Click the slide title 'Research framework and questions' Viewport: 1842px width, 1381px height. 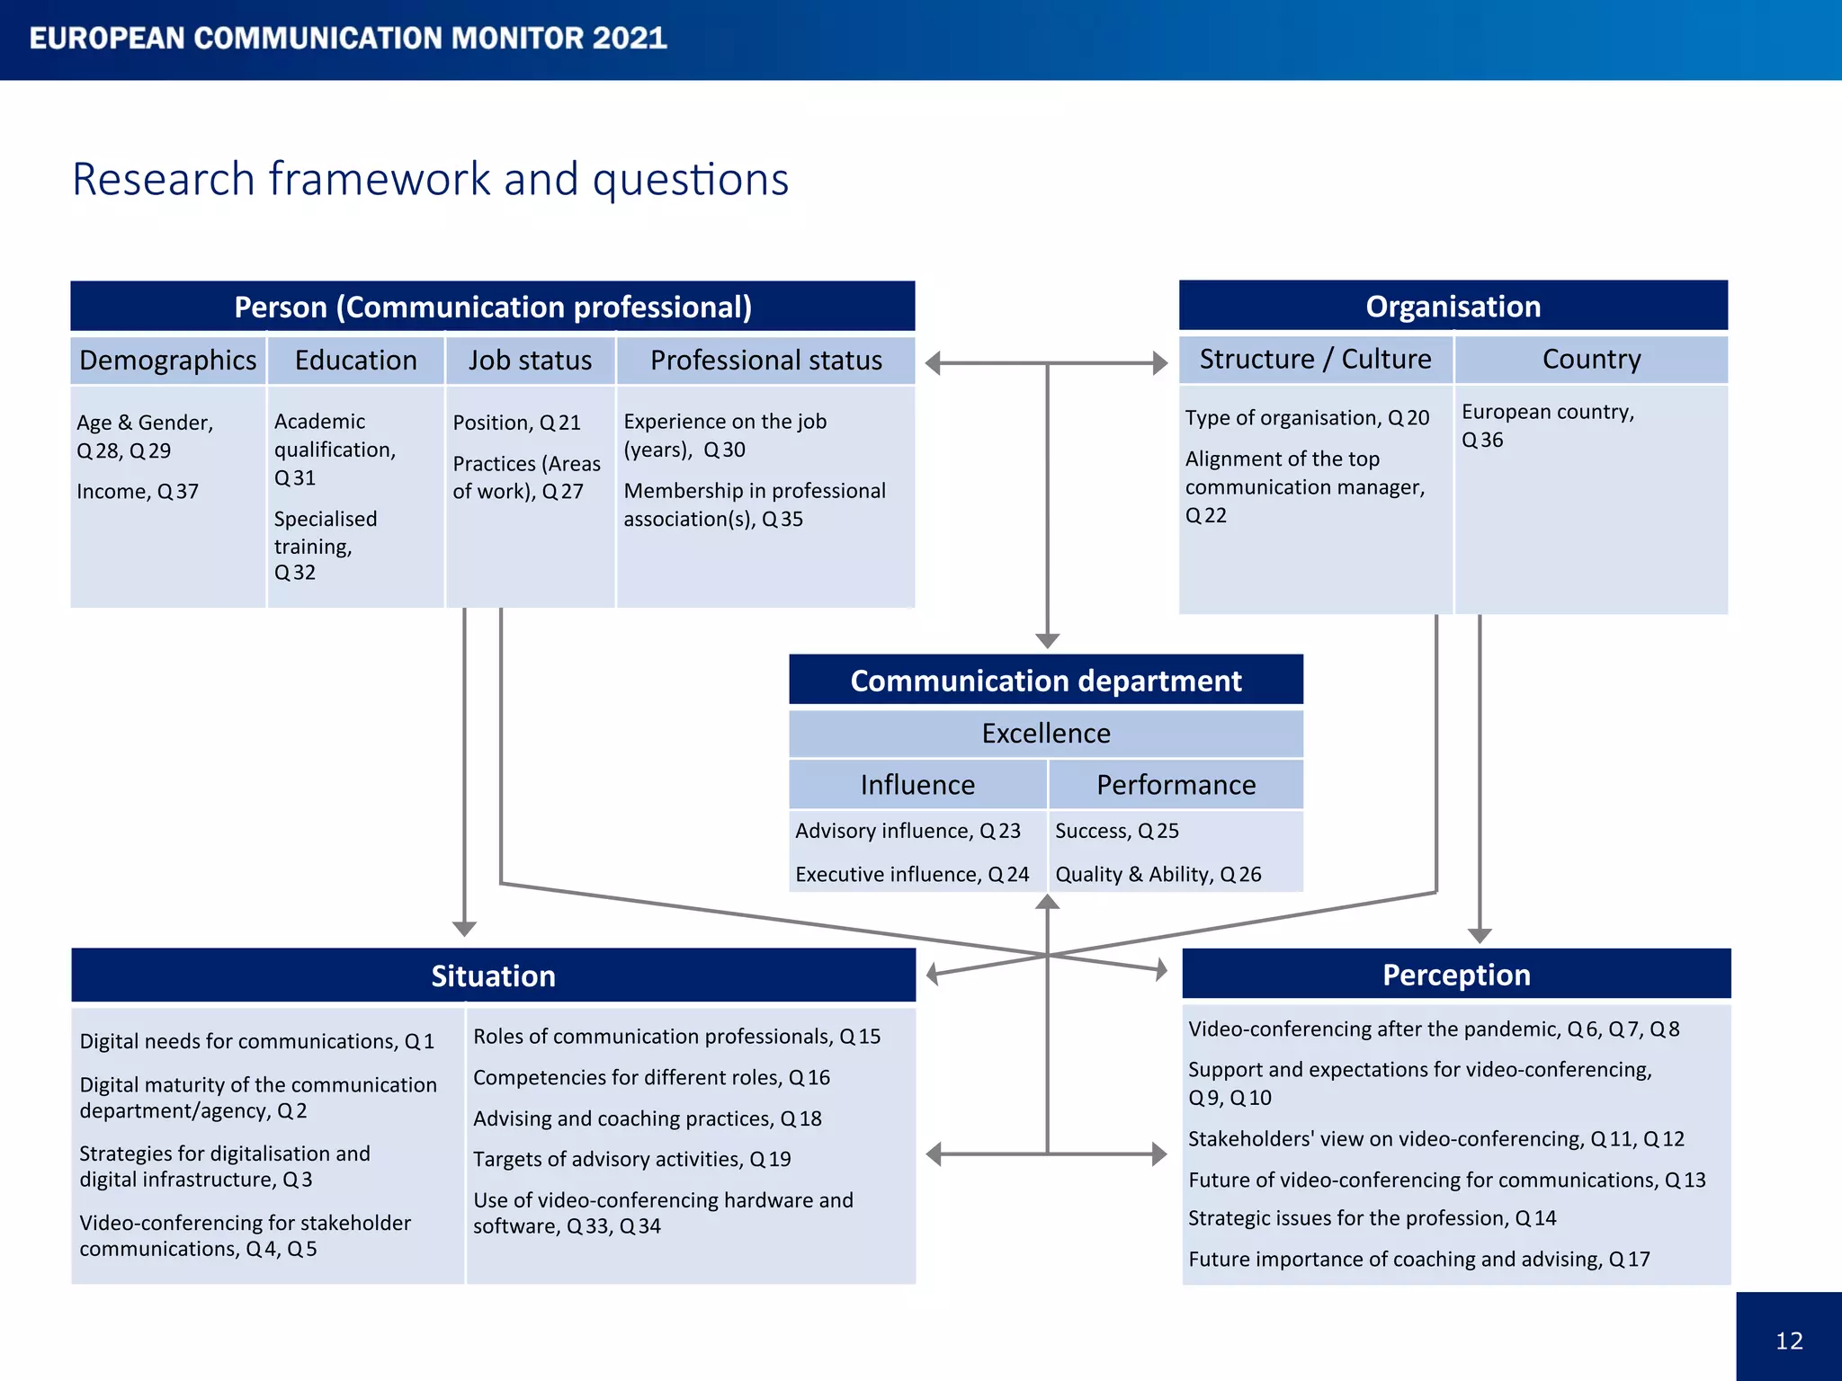pos(430,179)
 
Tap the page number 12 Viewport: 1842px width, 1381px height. pos(1788,1341)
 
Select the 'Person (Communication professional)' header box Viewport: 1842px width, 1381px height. pos(493,307)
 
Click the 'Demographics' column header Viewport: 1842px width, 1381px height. pos(168,361)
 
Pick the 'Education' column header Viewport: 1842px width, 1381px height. pos(355,361)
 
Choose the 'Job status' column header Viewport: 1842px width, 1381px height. pos(530,361)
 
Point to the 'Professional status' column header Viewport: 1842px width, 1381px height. pos(765,361)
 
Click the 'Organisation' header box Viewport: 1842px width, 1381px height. pos(1453,307)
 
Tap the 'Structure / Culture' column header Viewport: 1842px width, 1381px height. pos(1315,359)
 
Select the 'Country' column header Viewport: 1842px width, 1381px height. pos(1591,359)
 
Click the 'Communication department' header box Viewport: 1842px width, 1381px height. pos(1045,681)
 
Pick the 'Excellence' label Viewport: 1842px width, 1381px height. pos(1045,734)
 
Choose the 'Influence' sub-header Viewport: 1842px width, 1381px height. pos(917,785)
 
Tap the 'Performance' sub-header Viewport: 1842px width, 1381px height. pos(1176,785)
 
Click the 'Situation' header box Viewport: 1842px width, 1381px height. pos(493,976)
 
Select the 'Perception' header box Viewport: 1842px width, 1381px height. pos(1456,975)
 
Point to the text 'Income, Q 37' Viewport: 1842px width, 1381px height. pos(138,492)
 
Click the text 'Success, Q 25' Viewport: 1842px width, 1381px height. pos(1116,831)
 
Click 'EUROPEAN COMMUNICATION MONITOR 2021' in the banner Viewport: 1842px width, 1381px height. pos(348,39)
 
